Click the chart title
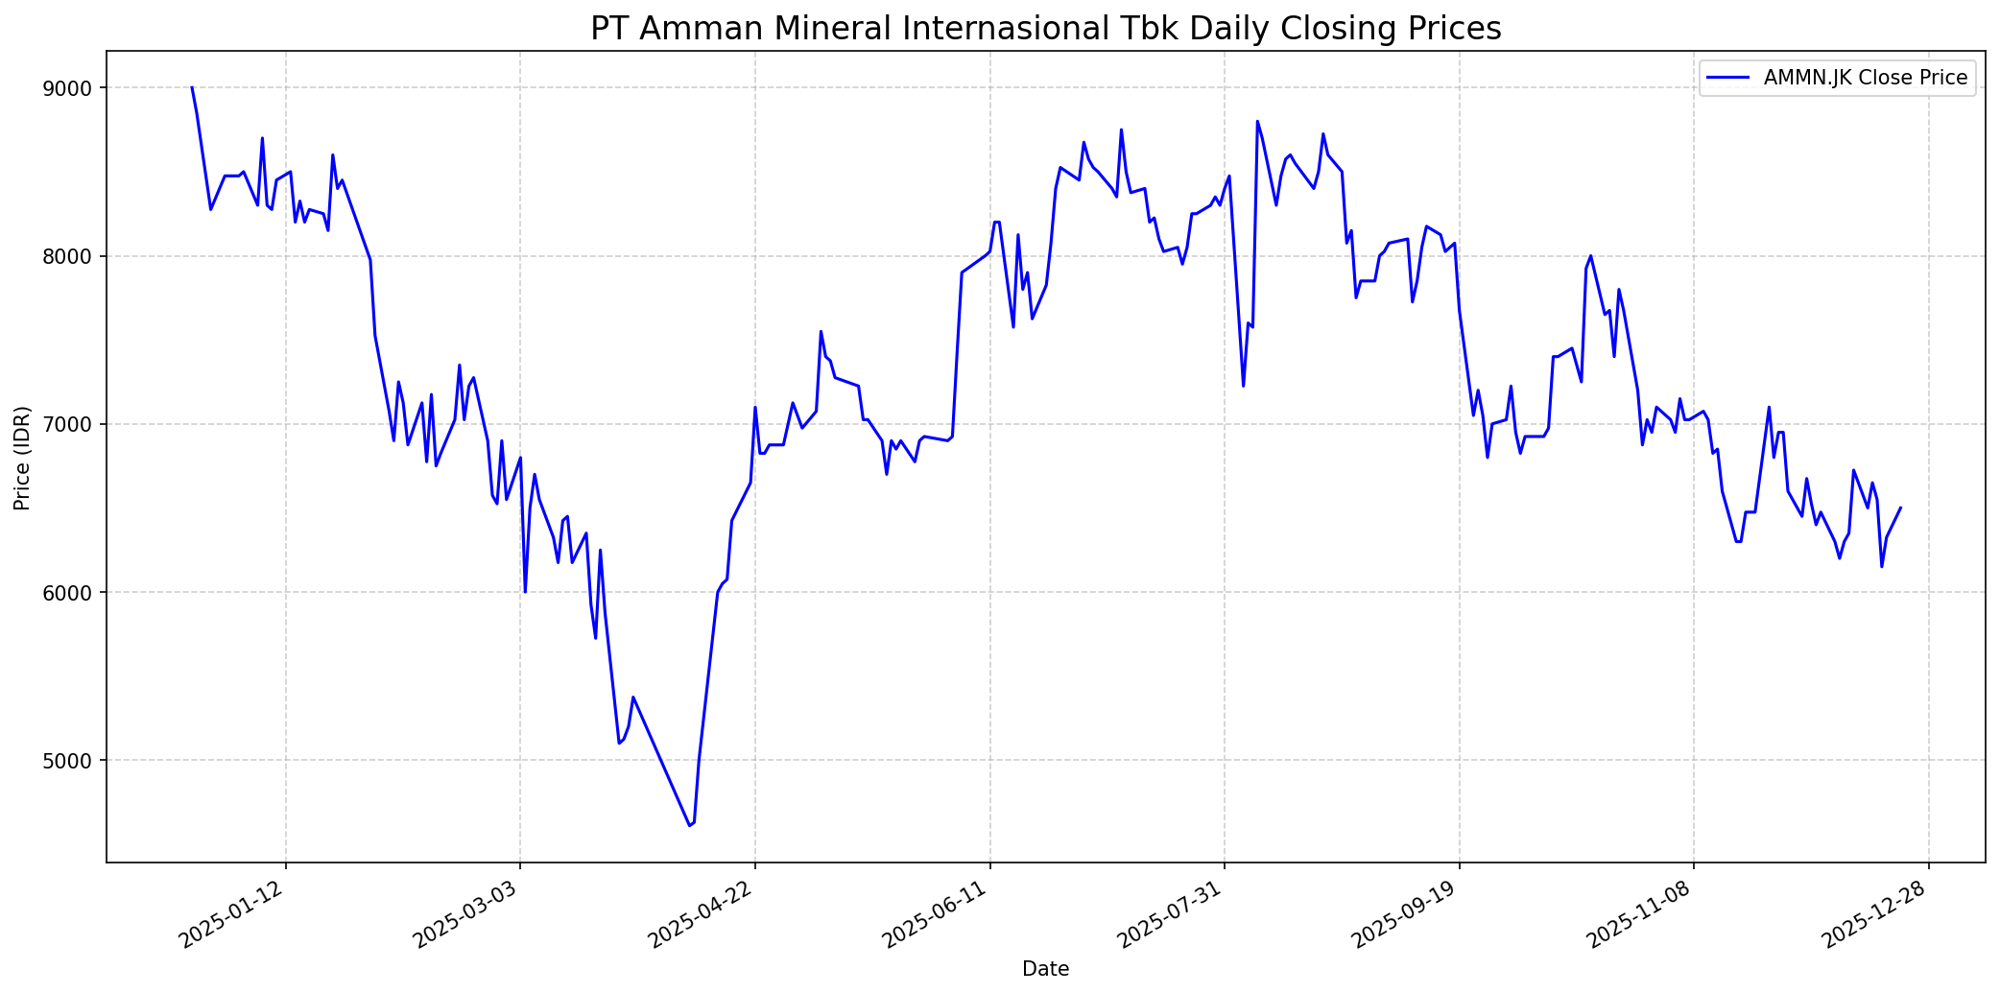point(1045,29)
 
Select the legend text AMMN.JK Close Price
point(1866,78)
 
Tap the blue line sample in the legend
point(1727,78)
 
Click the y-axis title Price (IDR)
point(22,458)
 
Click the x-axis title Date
point(1045,969)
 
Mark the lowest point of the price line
point(689,825)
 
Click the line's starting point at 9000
point(192,87)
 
